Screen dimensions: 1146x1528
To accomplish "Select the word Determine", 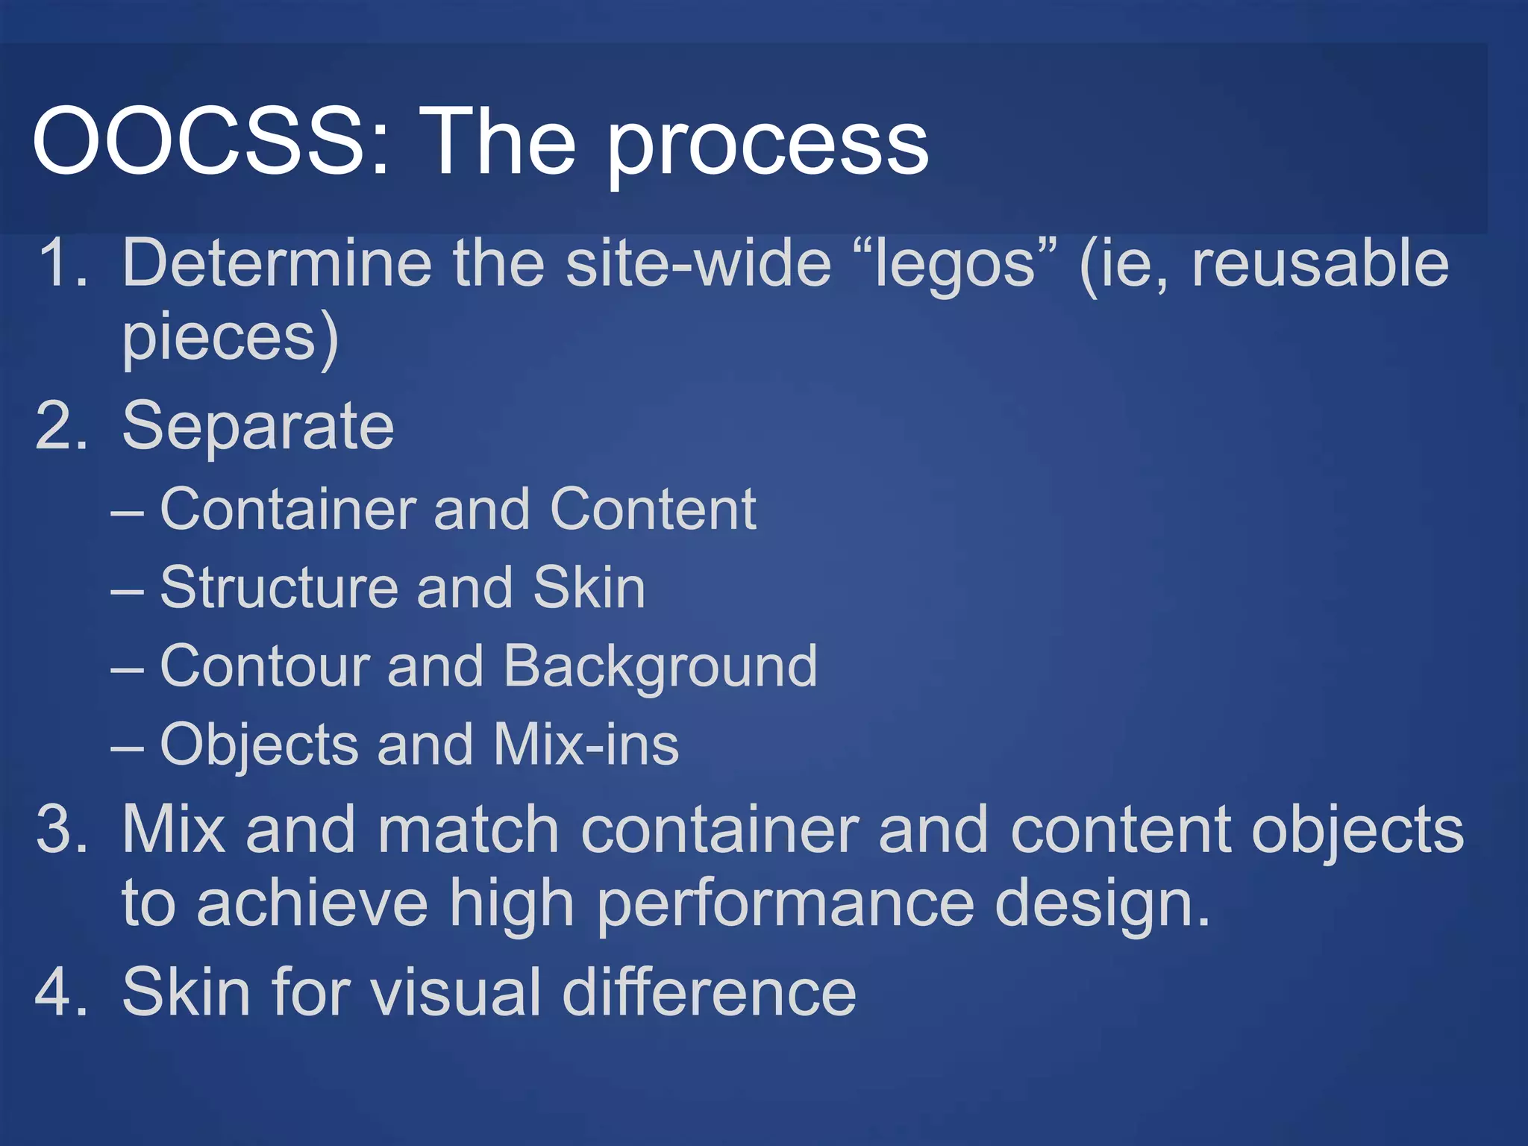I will (277, 263).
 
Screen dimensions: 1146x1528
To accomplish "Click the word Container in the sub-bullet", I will (286, 509).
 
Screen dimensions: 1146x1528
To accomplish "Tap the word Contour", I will (265, 666).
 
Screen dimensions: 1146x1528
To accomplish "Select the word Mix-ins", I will (586, 745).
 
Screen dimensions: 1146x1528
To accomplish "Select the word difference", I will (709, 992).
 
